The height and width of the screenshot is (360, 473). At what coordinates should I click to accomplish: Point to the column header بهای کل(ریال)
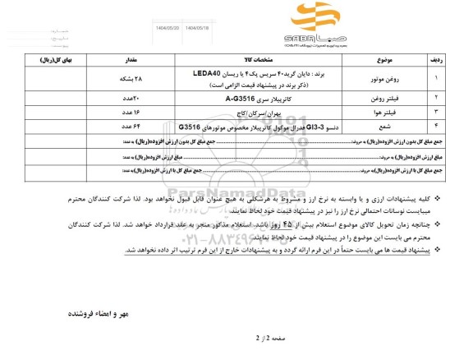point(54,61)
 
